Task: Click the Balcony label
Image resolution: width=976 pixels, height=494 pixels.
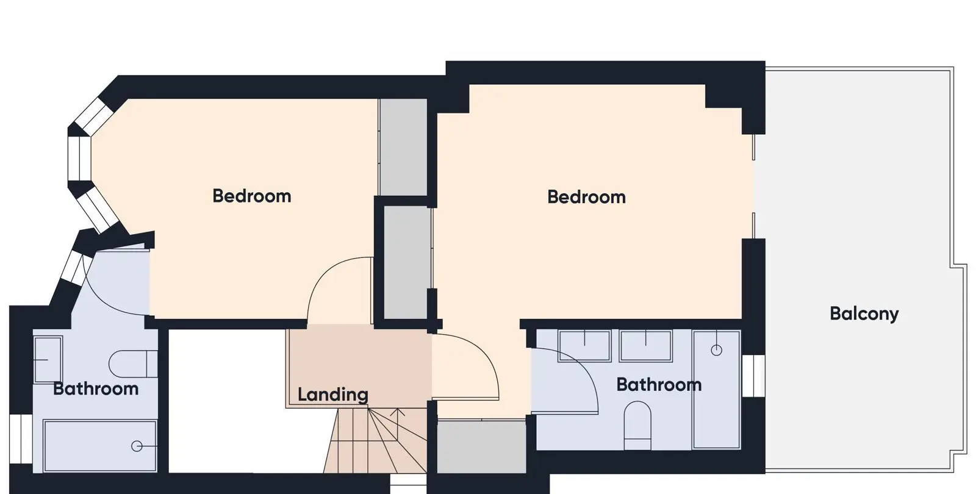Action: click(x=864, y=313)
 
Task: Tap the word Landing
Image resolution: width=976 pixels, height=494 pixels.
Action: click(x=333, y=395)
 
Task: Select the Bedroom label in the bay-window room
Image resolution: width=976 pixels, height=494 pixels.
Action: click(x=252, y=196)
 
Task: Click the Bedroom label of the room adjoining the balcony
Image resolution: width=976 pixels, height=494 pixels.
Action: click(x=586, y=197)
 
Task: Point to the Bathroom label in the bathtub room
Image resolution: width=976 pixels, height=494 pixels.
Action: click(x=96, y=388)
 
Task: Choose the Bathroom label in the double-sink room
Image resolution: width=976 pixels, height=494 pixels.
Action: click(x=659, y=385)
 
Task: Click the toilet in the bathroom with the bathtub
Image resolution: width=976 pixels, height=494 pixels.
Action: click(x=133, y=363)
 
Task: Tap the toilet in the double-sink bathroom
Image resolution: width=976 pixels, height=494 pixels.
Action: click(x=637, y=425)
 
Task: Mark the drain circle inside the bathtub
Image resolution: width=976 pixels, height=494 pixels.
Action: click(x=137, y=446)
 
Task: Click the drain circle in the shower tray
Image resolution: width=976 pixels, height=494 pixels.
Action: click(x=716, y=350)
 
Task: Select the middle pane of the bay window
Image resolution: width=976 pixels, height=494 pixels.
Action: click(x=79, y=159)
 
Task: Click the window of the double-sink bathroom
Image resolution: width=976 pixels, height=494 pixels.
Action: click(x=753, y=376)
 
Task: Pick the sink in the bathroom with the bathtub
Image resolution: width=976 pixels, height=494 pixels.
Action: click(x=48, y=360)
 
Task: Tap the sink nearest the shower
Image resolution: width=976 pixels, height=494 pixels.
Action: click(x=646, y=346)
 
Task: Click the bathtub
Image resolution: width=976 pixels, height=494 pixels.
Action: click(x=100, y=446)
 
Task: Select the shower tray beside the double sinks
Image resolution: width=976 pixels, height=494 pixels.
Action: click(x=716, y=390)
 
